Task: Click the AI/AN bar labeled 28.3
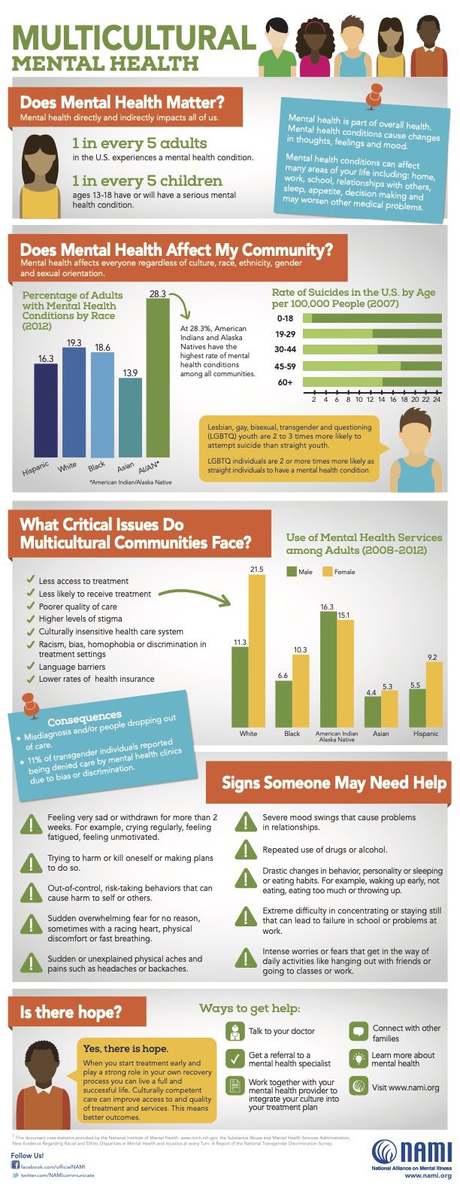(157, 376)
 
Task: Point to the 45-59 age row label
(285, 366)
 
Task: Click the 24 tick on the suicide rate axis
(437, 399)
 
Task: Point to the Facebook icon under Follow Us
(15, 1164)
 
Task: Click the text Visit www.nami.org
(405, 1087)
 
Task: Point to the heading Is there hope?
(71, 1012)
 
